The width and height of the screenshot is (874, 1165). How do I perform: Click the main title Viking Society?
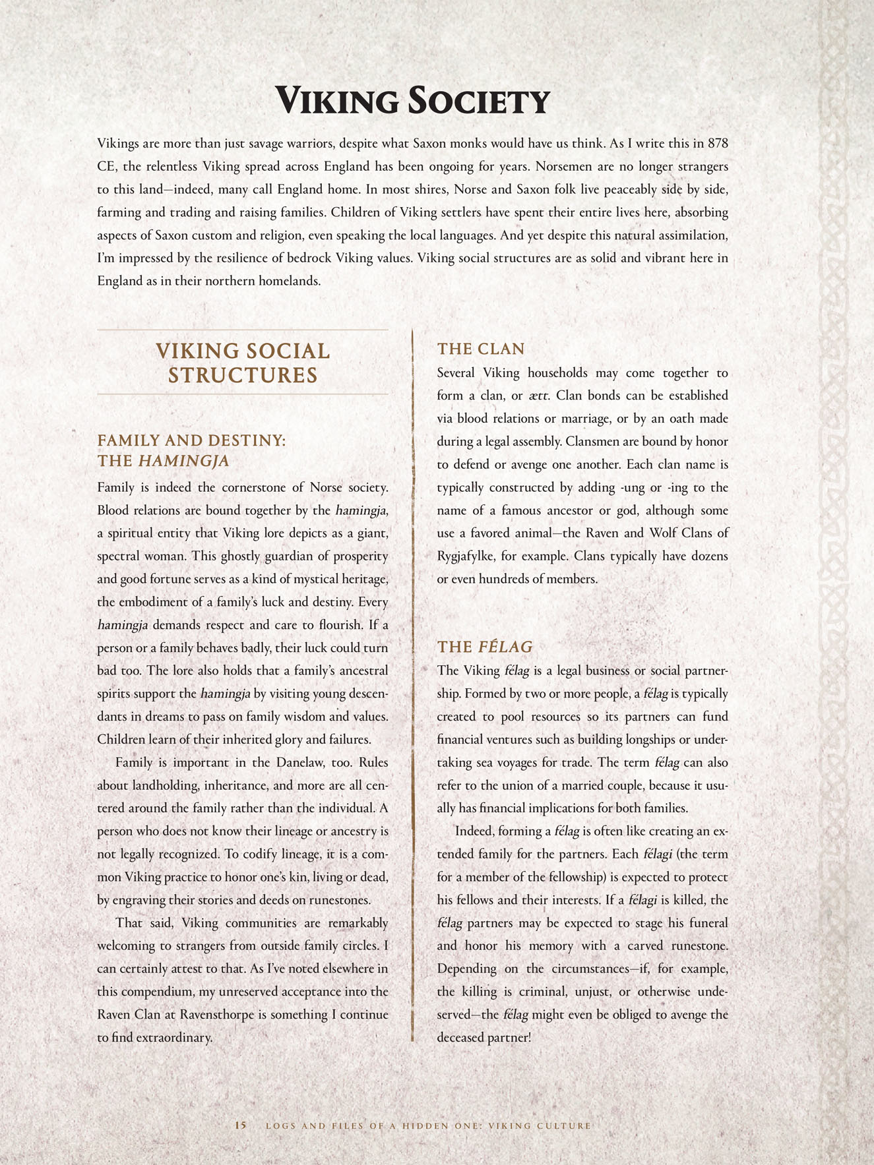pos(412,102)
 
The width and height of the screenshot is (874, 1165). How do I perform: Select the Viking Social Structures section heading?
pos(243,363)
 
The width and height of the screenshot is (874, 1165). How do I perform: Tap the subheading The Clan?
pos(481,349)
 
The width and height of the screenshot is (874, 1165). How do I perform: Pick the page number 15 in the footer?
pos(241,1125)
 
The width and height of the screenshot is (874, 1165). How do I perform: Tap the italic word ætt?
pos(540,396)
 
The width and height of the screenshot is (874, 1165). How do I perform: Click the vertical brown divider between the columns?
pos(412,686)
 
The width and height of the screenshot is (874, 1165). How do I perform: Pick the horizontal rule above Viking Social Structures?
pos(243,329)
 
